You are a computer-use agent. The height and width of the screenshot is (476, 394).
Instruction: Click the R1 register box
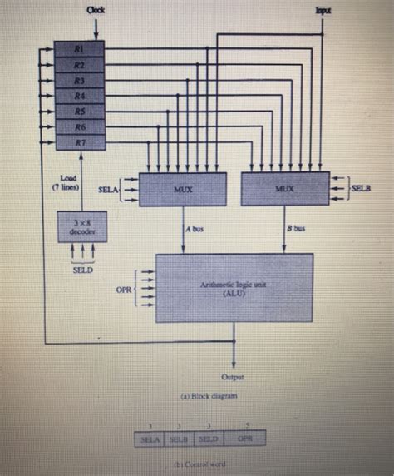click(x=80, y=48)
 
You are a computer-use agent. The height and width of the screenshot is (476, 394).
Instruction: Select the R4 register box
click(x=80, y=95)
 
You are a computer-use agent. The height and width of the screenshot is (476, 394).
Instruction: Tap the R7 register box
click(x=80, y=142)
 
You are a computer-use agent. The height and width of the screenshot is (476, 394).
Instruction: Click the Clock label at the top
click(x=96, y=9)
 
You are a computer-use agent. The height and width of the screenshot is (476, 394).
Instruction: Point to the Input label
click(x=323, y=10)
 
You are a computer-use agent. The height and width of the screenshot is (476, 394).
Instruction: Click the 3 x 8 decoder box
click(x=81, y=226)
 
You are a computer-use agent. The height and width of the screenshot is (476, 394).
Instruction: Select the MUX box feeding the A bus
click(x=183, y=190)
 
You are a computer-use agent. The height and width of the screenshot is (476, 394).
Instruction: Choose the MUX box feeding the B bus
click(x=285, y=190)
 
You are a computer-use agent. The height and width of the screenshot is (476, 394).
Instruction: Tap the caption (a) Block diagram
click(x=198, y=396)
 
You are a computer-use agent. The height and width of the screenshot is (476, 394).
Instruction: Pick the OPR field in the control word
click(x=245, y=438)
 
